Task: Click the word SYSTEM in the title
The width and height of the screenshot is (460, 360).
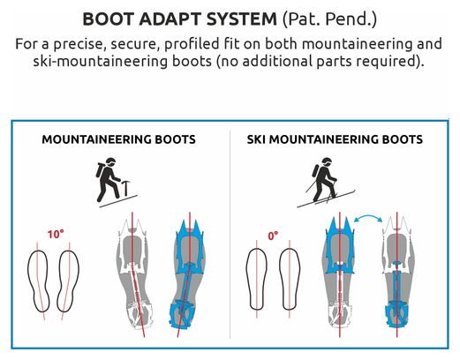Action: click(x=241, y=19)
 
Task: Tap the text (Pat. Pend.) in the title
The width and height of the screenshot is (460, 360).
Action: click(x=329, y=19)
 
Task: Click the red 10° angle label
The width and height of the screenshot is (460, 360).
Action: click(x=56, y=235)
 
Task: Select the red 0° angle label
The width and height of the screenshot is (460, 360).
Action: click(x=273, y=236)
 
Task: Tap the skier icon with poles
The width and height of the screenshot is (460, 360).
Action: click(x=326, y=183)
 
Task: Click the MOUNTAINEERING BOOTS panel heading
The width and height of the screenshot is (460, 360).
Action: click(x=118, y=139)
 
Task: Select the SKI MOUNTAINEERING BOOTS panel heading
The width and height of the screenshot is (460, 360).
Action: click(x=335, y=139)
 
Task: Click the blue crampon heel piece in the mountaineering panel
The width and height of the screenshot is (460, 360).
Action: click(x=180, y=314)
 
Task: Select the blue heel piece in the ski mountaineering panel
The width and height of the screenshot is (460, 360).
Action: click(x=396, y=314)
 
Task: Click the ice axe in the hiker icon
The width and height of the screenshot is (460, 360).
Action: click(x=126, y=188)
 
